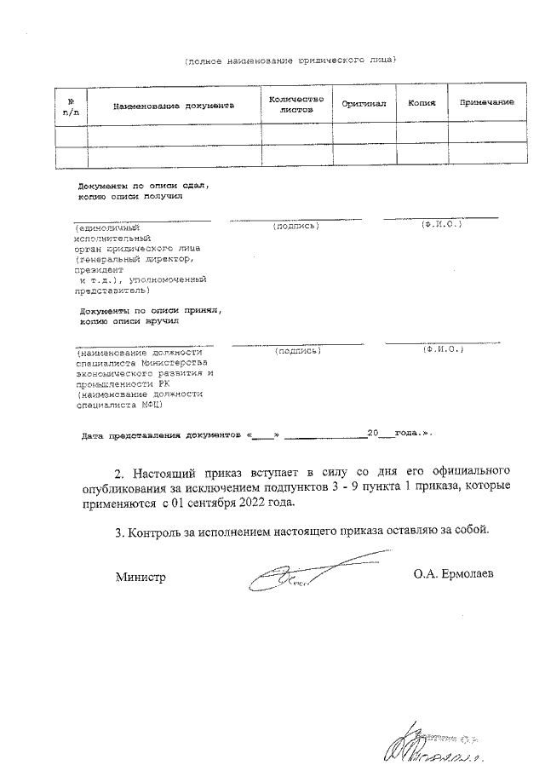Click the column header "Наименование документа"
pyautogui.click(x=173, y=106)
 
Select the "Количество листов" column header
pyautogui.click(x=295, y=105)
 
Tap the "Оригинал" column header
pyautogui.click(x=364, y=103)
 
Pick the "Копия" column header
pyautogui.click(x=422, y=103)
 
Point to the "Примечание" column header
pyautogui.click(x=486, y=103)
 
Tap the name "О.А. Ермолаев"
pyautogui.click(x=453, y=575)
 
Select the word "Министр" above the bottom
pyautogui.click(x=141, y=578)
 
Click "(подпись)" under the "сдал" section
pyautogui.click(x=295, y=226)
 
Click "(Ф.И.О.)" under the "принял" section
pyautogui.click(x=441, y=349)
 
